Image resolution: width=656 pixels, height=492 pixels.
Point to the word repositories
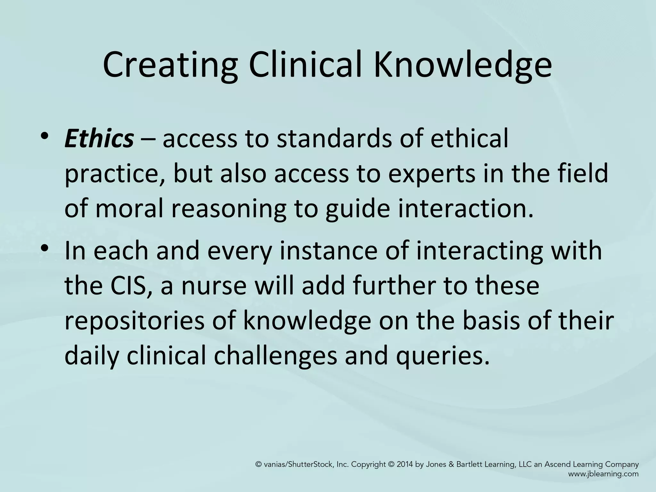tap(134, 321)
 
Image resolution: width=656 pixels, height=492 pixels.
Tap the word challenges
tap(276, 357)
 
